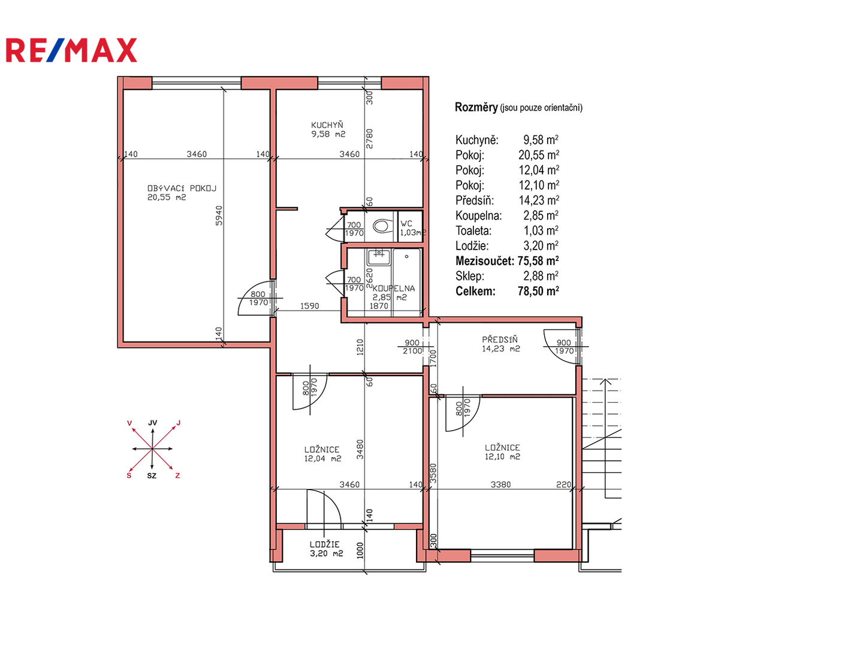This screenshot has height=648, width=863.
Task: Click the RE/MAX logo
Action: (x=71, y=50)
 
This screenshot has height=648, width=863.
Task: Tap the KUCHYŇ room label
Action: (x=327, y=125)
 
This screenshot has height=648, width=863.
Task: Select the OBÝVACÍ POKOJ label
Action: (x=182, y=188)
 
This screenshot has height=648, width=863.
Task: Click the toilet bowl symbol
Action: (x=382, y=226)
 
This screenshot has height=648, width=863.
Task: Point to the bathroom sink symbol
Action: (x=379, y=257)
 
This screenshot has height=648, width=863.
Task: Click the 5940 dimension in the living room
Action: (x=219, y=215)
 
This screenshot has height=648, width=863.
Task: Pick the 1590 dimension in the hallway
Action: (x=309, y=306)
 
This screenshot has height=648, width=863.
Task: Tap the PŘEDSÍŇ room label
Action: (x=500, y=339)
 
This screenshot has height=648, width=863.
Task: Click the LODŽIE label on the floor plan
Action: (x=324, y=544)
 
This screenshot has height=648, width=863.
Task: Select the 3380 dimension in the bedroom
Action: (x=500, y=484)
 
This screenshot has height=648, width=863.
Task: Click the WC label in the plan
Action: (x=406, y=223)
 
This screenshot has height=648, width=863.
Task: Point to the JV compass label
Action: (x=153, y=423)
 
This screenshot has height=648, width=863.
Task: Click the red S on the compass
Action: (x=129, y=476)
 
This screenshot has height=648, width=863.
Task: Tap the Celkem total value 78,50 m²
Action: (x=538, y=291)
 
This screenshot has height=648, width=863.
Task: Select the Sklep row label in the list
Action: (x=469, y=276)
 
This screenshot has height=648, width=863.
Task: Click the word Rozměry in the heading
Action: (x=476, y=107)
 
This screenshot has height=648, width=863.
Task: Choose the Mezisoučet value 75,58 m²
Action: (x=538, y=261)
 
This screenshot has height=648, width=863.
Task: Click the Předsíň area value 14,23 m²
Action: (x=539, y=200)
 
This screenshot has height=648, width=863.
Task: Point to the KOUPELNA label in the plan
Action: (x=394, y=289)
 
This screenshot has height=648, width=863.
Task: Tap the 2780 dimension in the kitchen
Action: (x=369, y=139)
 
